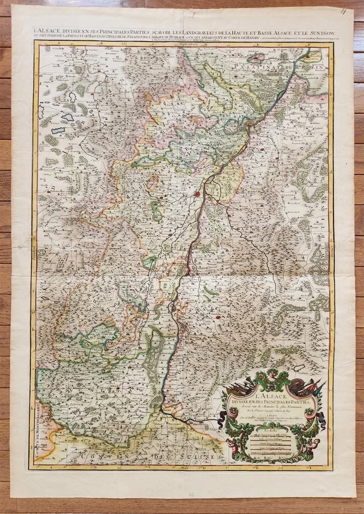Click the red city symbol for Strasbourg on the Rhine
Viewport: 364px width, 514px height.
198,193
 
